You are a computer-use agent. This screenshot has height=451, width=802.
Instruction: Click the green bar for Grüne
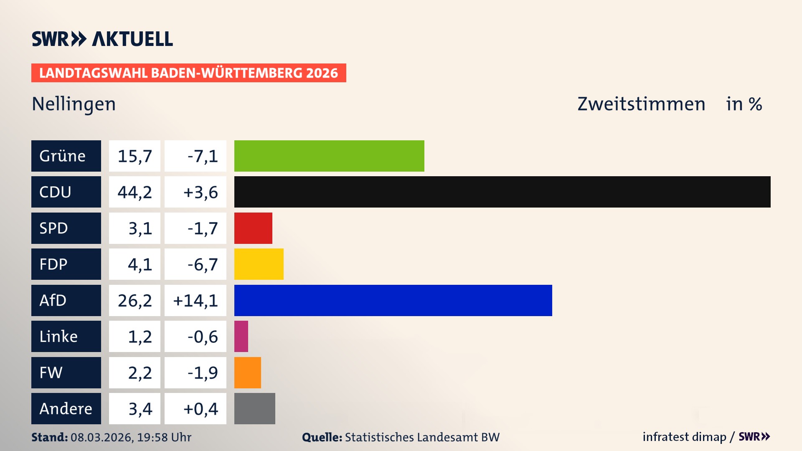[329, 156]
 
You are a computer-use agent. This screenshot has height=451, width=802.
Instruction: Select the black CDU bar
[502, 192]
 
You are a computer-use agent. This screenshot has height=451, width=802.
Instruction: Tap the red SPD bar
[253, 228]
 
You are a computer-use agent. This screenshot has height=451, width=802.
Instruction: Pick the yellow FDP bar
[259, 264]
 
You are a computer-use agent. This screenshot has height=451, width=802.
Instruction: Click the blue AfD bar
[393, 300]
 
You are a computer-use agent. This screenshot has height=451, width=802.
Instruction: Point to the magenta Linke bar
[241, 336]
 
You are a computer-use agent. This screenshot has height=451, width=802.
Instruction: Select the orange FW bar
[247, 372]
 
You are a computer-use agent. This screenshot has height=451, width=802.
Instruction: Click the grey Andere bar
[254, 408]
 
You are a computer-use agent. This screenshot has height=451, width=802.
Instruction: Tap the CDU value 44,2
[135, 192]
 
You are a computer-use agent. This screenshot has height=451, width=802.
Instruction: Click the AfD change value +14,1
[195, 300]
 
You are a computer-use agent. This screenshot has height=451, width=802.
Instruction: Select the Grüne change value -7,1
[202, 156]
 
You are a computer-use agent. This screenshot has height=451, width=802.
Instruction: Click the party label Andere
[66, 408]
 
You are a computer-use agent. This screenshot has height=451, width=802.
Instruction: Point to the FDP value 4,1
[140, 264]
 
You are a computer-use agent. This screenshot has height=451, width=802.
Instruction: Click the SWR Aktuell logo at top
[102, 39]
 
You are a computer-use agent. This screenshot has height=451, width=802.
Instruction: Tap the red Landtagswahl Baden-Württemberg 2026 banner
[188, 73]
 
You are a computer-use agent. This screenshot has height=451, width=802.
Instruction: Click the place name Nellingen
[74, 104]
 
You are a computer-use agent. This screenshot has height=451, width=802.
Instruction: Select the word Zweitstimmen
[641, 104]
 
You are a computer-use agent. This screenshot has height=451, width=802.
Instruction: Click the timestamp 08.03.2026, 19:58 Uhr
[131, 437]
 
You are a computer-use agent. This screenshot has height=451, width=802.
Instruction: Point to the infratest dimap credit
[684, 437]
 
